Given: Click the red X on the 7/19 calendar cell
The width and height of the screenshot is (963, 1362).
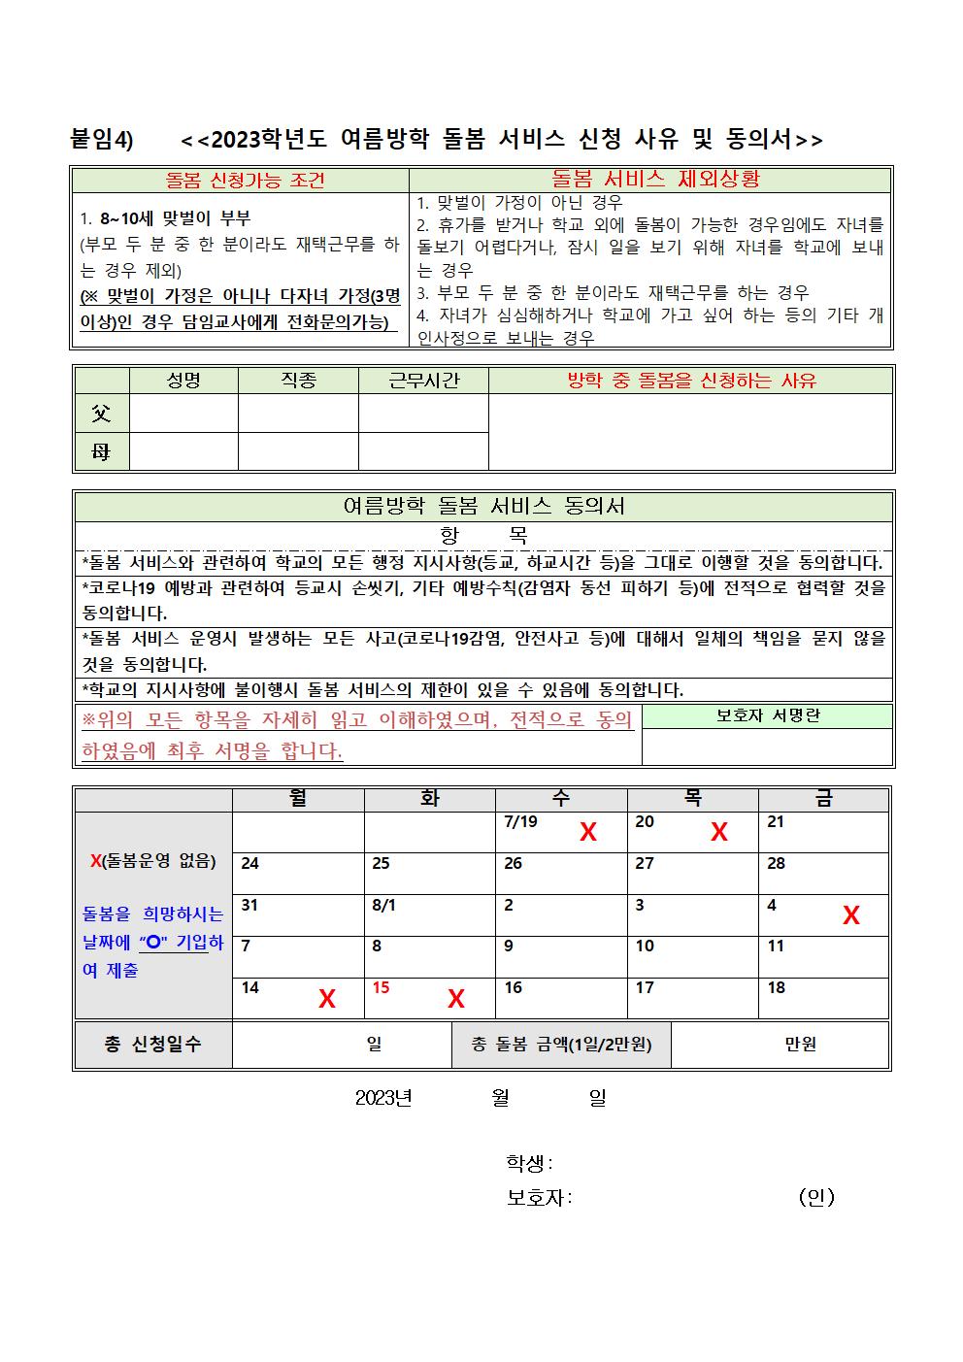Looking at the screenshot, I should coord(587,832).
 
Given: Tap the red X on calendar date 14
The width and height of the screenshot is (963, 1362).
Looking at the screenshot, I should coord(327,999).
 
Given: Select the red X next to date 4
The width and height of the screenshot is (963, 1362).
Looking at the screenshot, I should coord(850,915).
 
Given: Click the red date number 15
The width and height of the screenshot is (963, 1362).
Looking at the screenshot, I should coord(381,987).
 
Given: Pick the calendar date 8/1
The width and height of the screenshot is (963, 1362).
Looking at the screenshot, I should coord(384,905).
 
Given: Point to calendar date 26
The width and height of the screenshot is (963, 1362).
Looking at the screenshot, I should coord(513,863).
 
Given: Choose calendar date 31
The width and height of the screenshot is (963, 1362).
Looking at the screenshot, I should coord(249,905).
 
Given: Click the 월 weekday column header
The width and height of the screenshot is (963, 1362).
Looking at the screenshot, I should coord(298,799).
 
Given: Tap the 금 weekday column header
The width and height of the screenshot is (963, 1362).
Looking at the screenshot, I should coord(823,799).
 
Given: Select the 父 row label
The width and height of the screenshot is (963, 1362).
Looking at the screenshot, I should coord(101,414).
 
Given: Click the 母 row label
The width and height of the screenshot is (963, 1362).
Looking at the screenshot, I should coord(101,451).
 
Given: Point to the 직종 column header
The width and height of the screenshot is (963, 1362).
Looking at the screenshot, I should coord(298,381).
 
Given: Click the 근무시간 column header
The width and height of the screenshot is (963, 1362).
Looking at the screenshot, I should coord(423,381).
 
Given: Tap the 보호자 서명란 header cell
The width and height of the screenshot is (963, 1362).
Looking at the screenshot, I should coord(767,715).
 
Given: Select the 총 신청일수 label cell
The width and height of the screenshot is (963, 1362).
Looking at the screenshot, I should coord(152,1045).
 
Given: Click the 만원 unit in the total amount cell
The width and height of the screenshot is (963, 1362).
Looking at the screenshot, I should coord(800,1045).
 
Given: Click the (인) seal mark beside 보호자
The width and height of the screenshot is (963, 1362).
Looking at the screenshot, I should coord(816,1197).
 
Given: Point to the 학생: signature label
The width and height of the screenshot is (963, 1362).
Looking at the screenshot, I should coord(529,1162).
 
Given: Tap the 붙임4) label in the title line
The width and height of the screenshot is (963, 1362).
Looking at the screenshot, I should coord(102,140).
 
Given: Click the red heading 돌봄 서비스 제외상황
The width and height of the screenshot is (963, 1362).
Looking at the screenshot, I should coord(655,179).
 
